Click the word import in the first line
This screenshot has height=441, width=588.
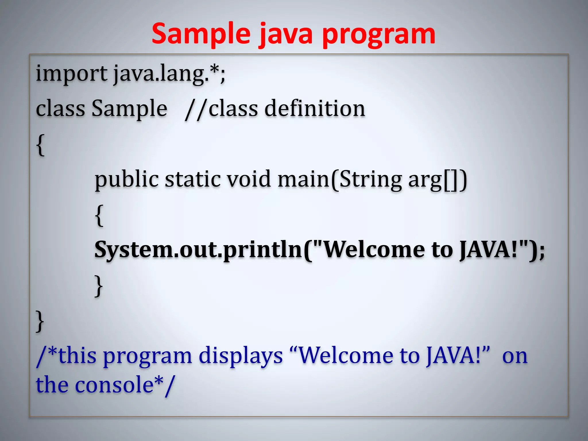pyautogui.click(x=71, y=74)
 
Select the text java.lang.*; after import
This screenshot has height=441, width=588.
pyautogui.click(x=169, y=74)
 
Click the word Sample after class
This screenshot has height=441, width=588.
pyautogui.click(x=129, y=109)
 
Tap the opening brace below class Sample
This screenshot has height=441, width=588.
pyautogui.click(x=40, y=145)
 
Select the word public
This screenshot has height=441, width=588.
pyautogui.click(x=127, y=180)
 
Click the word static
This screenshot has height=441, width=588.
pyautogui.click(x=192, y=179)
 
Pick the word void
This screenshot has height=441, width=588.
pyautogui.click(x=249, y=179)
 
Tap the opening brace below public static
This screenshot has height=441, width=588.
pyautogui.click(x=99, y=215)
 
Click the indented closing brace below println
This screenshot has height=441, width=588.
pyautogui.click(x=98, y=286)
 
